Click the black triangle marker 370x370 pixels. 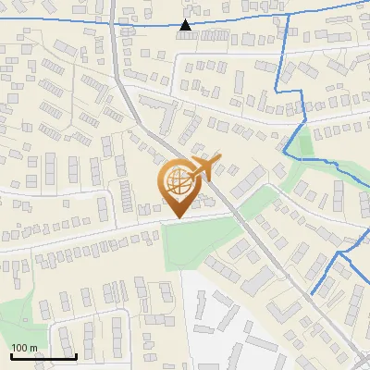(x=186, y=26)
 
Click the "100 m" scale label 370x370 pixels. (x=24, y=348)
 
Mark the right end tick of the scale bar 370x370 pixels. (x=75, y=355)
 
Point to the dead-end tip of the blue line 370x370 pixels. (x=312, y=294)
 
